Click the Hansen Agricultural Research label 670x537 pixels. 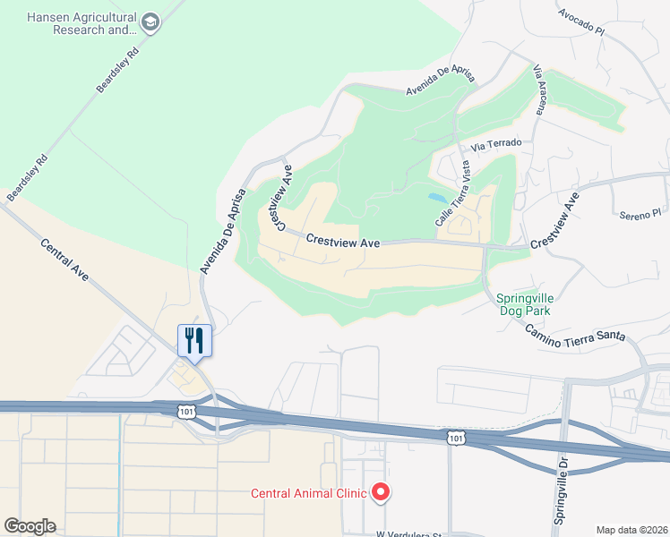point(82,23)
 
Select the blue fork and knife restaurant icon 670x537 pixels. point(194,340)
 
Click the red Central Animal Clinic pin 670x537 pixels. point(380,492)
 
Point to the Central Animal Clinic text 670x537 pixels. point(308,493)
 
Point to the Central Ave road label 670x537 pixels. point(65,260)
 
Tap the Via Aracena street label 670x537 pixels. point(539,89)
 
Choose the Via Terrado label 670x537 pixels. point(495,142)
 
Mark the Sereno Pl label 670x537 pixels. point(640,214)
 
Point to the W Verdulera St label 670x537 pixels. point(409,534)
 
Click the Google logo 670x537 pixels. point(29,526)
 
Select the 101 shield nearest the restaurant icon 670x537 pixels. point(185,411)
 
